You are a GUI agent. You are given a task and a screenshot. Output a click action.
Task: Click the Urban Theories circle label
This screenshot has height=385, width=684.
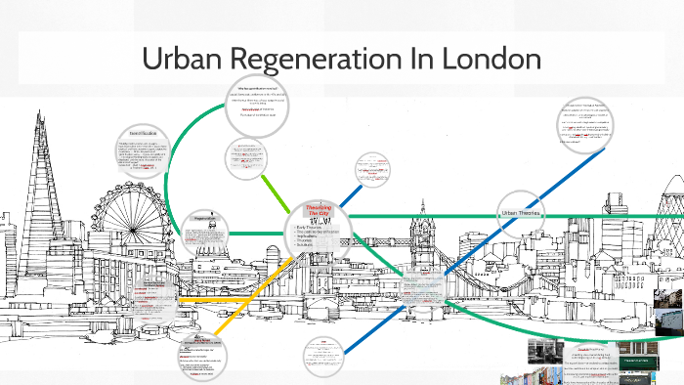pyautogui.click(x=524, y=213)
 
